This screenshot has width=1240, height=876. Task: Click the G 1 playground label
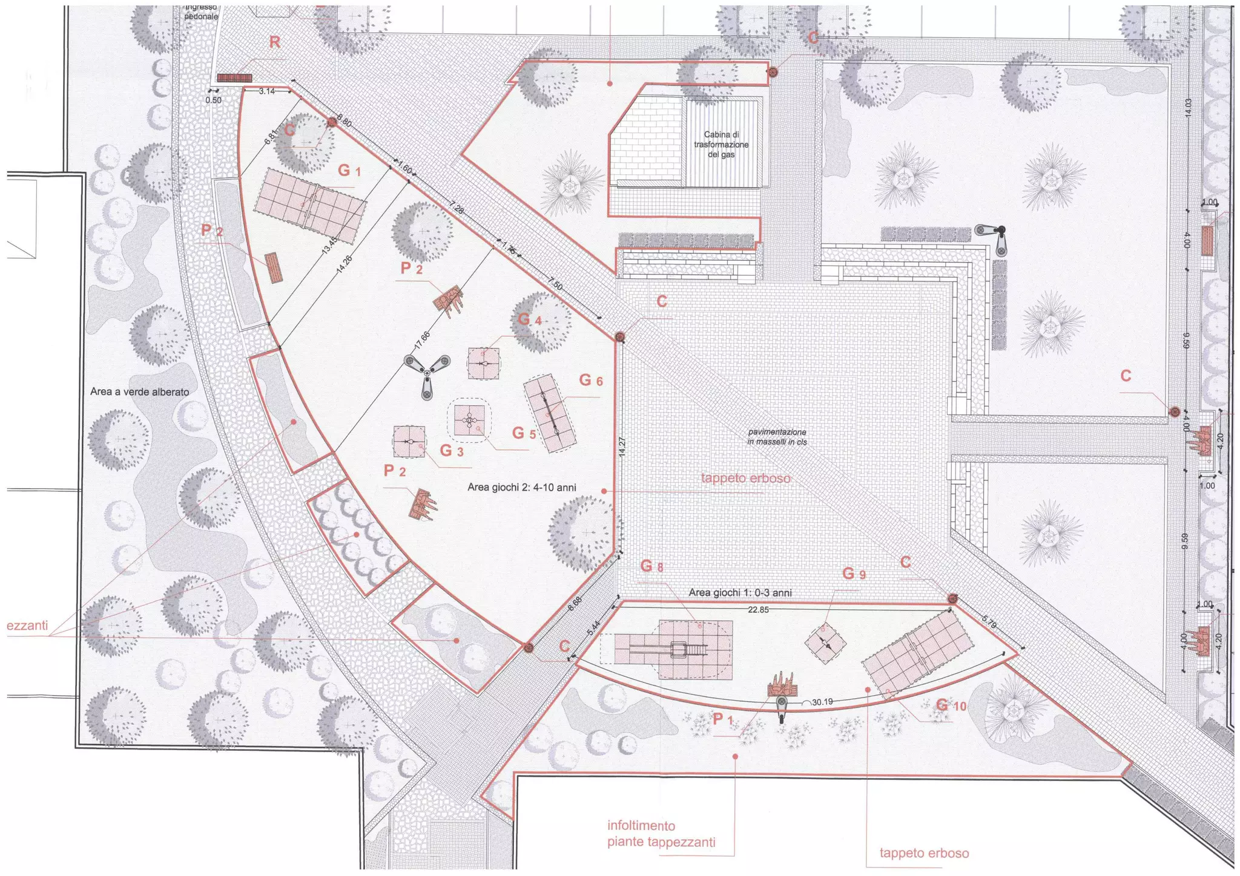coord(349,171)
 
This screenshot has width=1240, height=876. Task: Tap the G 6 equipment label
coord(591,381)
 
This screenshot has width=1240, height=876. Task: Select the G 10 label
coord(951,705)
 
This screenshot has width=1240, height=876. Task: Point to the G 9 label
coord(854,574)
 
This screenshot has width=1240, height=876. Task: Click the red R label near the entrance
coord(275,42)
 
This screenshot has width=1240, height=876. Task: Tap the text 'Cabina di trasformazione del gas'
coord(721,145)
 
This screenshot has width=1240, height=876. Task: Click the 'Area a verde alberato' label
coord(139,392)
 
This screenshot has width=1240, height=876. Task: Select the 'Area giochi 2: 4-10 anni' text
coord(521,487)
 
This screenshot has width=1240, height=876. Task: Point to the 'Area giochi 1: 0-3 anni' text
coord(740,593)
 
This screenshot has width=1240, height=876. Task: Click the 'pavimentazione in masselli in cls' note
coord(777,437)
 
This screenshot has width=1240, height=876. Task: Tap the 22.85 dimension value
coord(758,610)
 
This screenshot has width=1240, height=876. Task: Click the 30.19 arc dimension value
coord(822,702)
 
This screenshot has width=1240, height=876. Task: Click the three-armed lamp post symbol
coord(427,373)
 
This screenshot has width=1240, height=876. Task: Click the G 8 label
coord(651,567)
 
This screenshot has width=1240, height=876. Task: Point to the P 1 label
coord(723,719)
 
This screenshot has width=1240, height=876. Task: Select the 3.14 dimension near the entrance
coord(266,91)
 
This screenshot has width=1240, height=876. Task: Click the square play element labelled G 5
coord(470,420)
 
